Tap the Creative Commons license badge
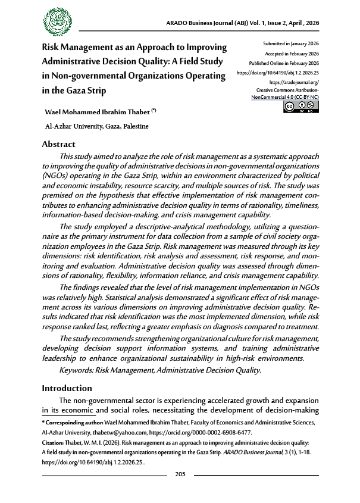coord(302,107)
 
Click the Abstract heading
coord(58,144)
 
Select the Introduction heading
coord(67,388)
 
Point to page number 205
coord(181,474)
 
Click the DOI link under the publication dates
coord(278,71)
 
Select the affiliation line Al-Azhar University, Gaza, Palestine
coord(93,126)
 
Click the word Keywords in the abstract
coord(79,370)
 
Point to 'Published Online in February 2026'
coord(284,63)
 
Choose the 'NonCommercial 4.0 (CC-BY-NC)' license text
coord(285,95)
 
